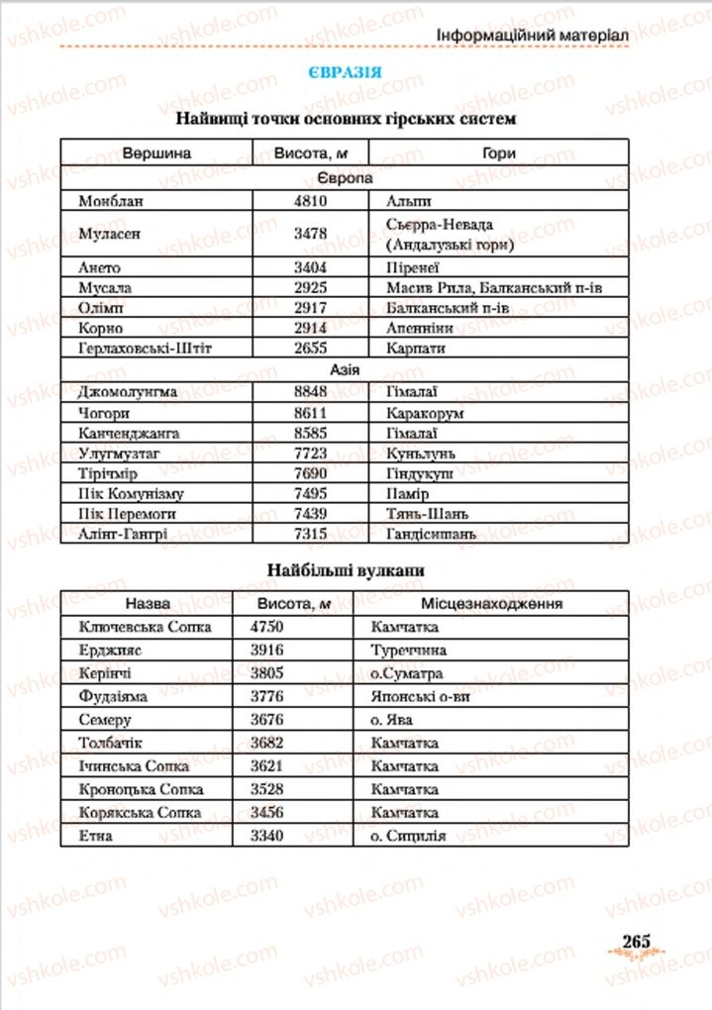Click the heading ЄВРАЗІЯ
(x=345, y=73)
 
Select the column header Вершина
(x=156, y=153)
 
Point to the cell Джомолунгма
(x=126, y=391)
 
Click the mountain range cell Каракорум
(x=425, y=412)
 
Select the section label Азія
(x=345, y=368)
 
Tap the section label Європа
(x=345, y=178)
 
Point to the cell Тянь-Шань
(x=427, y=514)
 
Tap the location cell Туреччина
(x=408, y=650)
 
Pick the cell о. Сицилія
(x=408, y=836)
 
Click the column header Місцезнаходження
(x=491, y=603)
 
